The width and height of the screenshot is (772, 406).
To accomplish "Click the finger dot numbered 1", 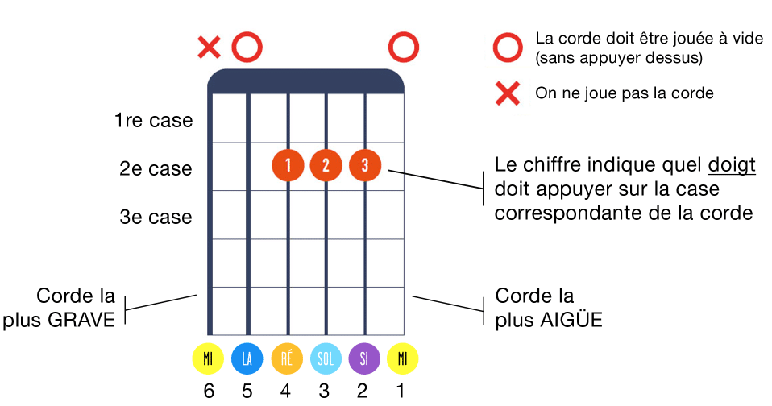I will [287, 166].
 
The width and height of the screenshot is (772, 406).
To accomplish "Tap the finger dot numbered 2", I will [326, 166].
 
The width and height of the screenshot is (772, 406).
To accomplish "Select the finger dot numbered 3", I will [364, 166].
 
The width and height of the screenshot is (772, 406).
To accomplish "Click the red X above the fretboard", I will [209, 48].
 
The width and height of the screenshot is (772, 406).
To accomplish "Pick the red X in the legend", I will [507, 93].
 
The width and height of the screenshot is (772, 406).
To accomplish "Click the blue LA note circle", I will [247, 358].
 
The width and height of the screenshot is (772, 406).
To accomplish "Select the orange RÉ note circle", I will [286, 358].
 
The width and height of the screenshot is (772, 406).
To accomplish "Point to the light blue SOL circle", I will [325, 358].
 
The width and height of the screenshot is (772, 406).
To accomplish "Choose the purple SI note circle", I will [364, 358].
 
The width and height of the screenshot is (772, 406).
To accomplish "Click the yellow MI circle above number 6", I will [208, 358].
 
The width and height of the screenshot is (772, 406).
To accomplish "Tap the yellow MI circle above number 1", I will [403, 358].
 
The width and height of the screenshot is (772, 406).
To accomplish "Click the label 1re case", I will [153, 121].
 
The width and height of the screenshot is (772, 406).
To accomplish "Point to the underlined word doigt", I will [731, 166].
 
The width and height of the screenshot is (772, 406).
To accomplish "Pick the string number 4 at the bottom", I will [286, 391].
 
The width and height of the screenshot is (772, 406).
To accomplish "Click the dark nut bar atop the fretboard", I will [305, 81].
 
